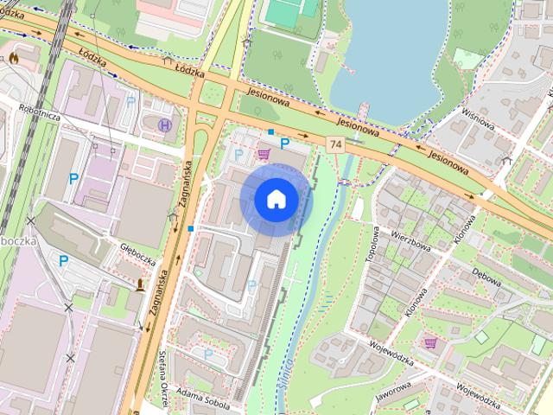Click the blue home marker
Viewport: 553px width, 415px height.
(276, 199)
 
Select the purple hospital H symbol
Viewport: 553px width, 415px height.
(166, 125)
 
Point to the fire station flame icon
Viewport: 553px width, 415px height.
(14, 58)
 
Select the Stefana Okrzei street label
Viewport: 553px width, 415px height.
(163, 380)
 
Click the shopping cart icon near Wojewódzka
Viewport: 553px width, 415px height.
(430, 342)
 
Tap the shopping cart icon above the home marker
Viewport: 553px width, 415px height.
(263, 154)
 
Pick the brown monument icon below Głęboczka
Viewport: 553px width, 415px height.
(141, 284)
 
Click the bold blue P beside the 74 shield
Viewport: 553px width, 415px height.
(284, 144)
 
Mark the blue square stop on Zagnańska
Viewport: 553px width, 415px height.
(190, 228)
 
